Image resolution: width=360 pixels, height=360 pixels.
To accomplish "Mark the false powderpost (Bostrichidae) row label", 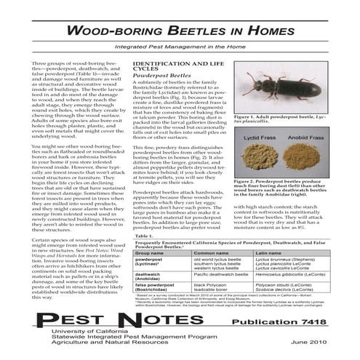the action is [x=155, y=287].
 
